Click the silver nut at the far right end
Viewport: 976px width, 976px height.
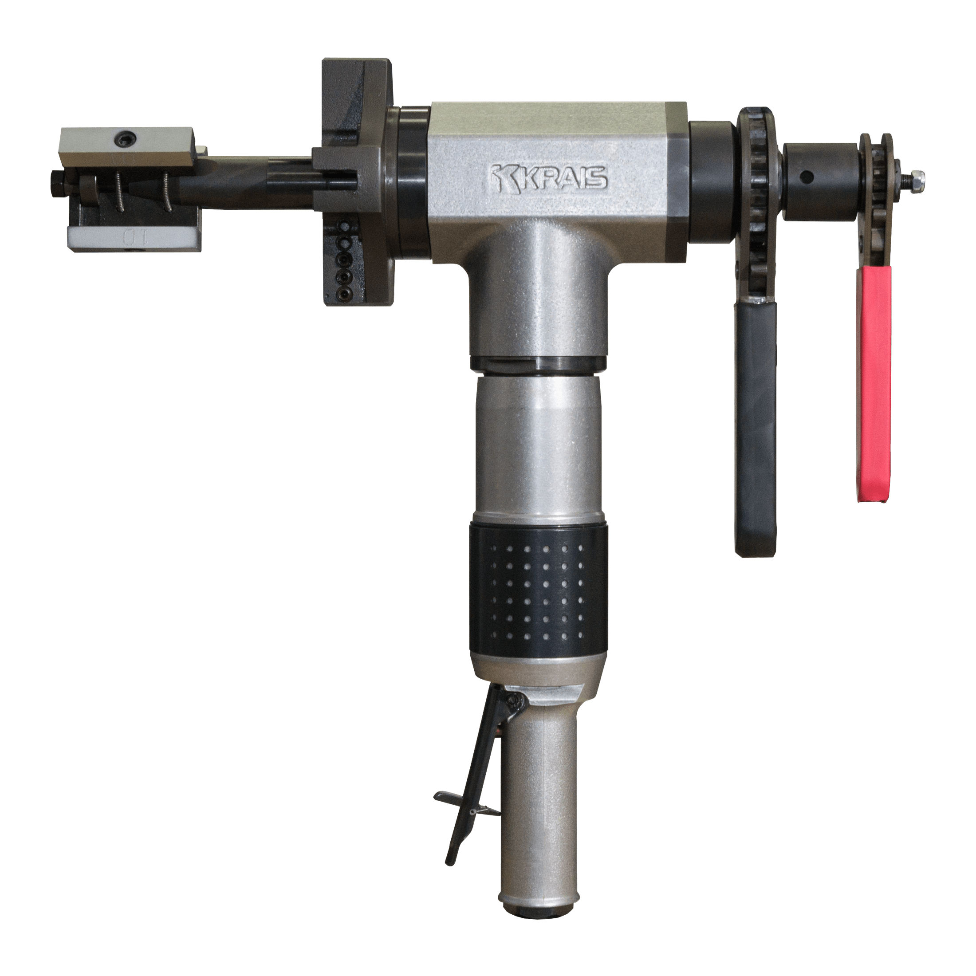tap(918, 177)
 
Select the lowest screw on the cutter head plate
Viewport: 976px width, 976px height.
tap(345, 292)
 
